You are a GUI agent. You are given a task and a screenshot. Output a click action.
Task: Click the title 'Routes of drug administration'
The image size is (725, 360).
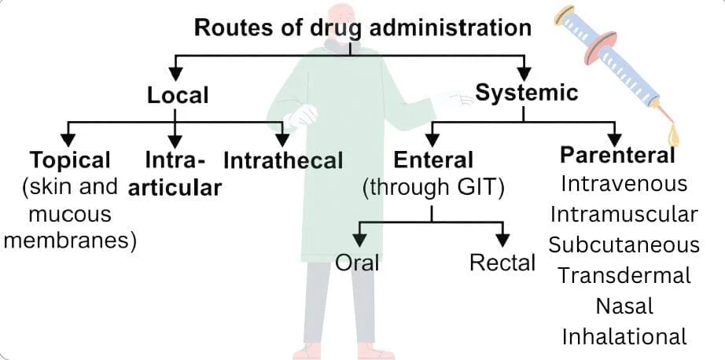(362, 28)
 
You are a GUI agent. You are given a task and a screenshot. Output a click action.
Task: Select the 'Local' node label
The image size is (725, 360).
(178, 96)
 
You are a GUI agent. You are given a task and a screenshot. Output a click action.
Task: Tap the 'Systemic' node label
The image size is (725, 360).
(526, 93)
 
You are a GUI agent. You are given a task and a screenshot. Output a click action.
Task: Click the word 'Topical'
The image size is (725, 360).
(70, 160)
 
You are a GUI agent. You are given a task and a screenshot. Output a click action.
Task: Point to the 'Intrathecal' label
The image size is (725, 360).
(283, 161)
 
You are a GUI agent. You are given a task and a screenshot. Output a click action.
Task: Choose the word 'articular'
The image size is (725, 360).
(175, 189)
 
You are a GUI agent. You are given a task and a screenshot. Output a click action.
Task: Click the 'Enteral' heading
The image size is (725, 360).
(433, 160)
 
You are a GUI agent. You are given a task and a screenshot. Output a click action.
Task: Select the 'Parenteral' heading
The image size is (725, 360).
(617, 155)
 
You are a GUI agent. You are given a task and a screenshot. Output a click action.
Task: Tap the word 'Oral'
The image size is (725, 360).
(357, 263)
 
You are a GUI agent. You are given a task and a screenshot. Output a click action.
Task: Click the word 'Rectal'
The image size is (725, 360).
(502, 263)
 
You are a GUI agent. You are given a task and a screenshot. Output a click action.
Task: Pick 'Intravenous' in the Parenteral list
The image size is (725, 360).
(624, 184)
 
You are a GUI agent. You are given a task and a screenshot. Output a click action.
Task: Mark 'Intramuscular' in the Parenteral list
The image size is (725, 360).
(624, 214)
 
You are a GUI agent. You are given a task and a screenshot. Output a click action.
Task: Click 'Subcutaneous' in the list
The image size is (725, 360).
(624, 244)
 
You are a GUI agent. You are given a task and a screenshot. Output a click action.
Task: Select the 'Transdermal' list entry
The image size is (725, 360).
(624, 275)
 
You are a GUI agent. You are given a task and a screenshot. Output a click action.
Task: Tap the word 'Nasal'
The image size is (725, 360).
(624, 305)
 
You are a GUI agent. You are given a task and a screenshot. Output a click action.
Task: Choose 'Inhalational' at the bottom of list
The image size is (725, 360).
(624, 336)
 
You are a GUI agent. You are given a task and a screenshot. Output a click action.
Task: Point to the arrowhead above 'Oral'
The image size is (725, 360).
(361, 236)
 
